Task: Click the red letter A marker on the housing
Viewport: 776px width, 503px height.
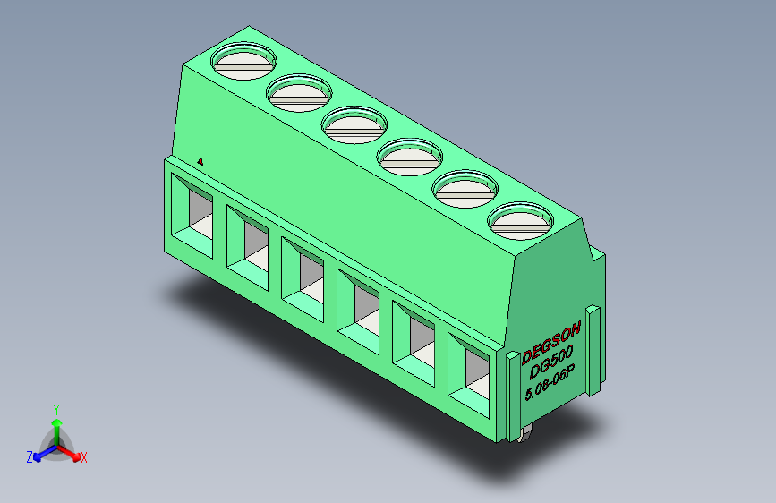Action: pyautogui.click(x=201, y=162)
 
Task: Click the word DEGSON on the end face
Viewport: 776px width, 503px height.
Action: pyautogui.click(x=550, y=342)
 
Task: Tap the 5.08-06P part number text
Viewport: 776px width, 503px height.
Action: pyautogui.click(x=549, y=385)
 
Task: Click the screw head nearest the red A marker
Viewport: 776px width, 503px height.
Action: pyautogui.click(x=243, y=61)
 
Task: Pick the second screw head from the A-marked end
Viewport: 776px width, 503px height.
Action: pyautogui.click(x=299, y=92)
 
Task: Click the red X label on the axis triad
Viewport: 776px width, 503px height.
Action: pyautogui.click(x=84, y=457)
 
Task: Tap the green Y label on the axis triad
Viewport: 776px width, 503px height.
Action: pyautogui.click(x=55, y=407)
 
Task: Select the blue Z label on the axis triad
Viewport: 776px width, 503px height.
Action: pyautogui.click(x=30, y=457)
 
